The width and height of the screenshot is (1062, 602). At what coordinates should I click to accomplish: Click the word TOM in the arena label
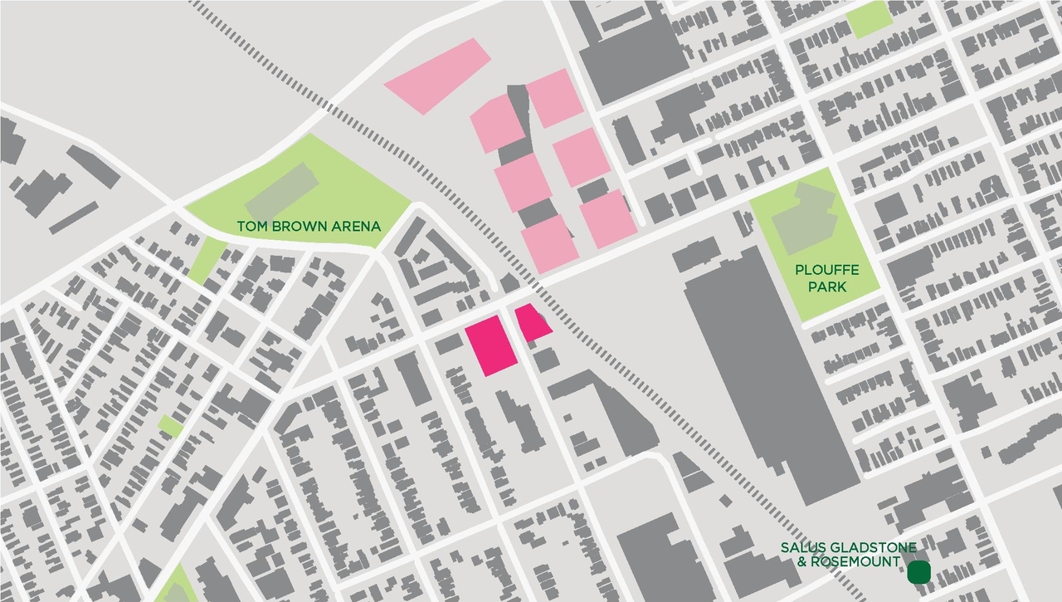click(251, 226)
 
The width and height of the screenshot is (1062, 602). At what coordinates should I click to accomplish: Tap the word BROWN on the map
click(292, 226)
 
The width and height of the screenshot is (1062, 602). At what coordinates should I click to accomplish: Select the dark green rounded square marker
click(918, 572)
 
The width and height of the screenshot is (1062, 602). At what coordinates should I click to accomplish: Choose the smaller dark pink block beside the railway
click(531, 323)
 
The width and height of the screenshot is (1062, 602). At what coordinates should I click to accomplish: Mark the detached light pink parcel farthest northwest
click(437, 76)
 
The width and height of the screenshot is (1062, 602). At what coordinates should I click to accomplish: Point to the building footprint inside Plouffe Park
click(801, 214)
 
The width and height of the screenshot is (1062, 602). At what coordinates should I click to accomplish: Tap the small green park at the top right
click(868, 18)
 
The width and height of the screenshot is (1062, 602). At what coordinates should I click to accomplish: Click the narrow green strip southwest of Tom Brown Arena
click(204, 259)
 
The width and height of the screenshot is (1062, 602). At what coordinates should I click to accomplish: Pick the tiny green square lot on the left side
click(170, 426)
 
